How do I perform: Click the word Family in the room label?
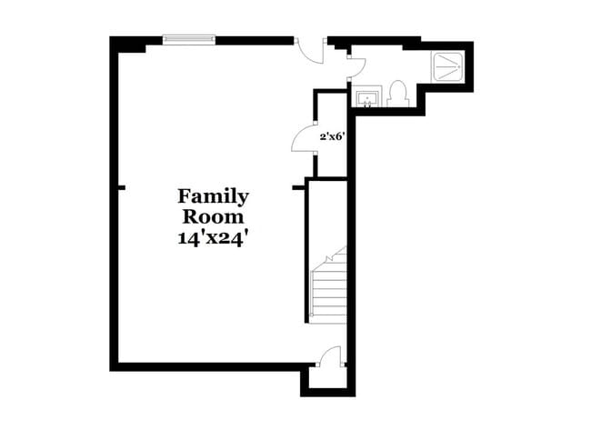point(213,195)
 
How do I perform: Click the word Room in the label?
point(213,217)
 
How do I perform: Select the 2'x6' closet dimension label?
point(331,136)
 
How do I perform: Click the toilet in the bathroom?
point(396,94)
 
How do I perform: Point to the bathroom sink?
point(367,96)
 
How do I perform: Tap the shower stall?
point(449,65)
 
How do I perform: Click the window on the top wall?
point(188,38)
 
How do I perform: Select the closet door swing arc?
point(301,142)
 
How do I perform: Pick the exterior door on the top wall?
point(312,51)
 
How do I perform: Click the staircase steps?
point(328,288)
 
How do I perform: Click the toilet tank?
point(397,86)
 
